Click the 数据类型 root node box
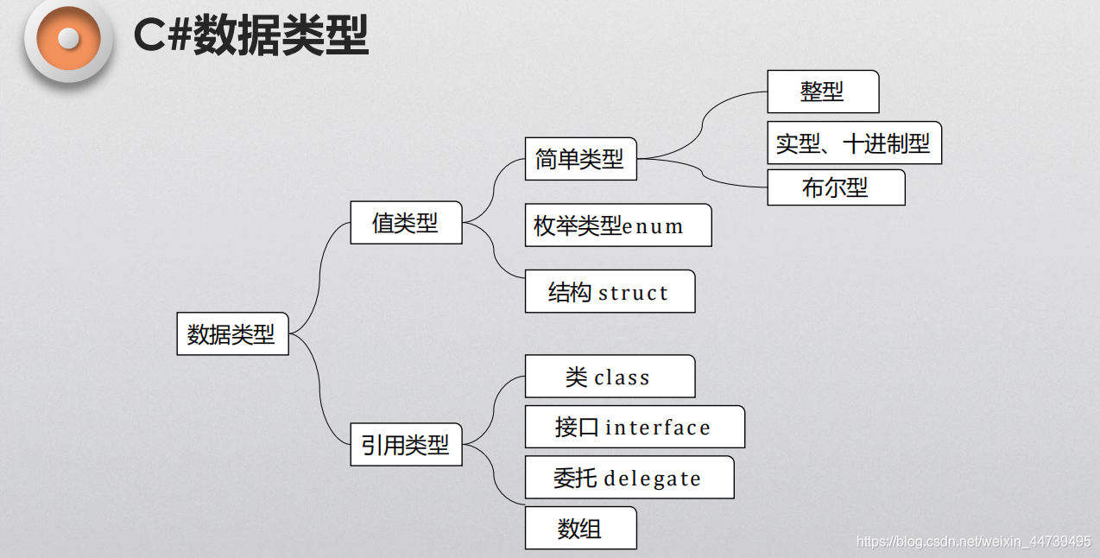pyautogui.click(x=231, y=333)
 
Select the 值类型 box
pyautogui.click(x=406, y=223)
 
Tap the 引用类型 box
pyautogui.click(x=406, y=445)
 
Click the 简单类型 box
pyautogui.click(x=580, y=159)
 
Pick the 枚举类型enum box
pyautogui.click(x=618, y=225)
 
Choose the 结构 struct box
pyautogui.click(x=610, y=292)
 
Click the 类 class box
pyautogui.click(x=610, y=377)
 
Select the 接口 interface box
pyautogui.click(x=635, y=427)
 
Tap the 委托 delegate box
pyautogui.click(x=629, y=478)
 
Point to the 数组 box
pyautogui.click(x=580, y=528)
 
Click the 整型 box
pyautogui.click(x=823, y=92)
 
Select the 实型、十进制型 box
pyautogui.click(x=854, y=143)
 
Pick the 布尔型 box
pyautogui.click(x=836, y=187)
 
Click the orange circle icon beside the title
pyautogui.click(x=69, y=39)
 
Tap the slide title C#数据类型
pyautogui.click(x=251, y=36)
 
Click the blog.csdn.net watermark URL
pyautogui.click(x=973, y=542)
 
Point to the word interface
pyautogui.click(x=658, y=428)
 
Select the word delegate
pyautogui.click(x=653, y=479)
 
